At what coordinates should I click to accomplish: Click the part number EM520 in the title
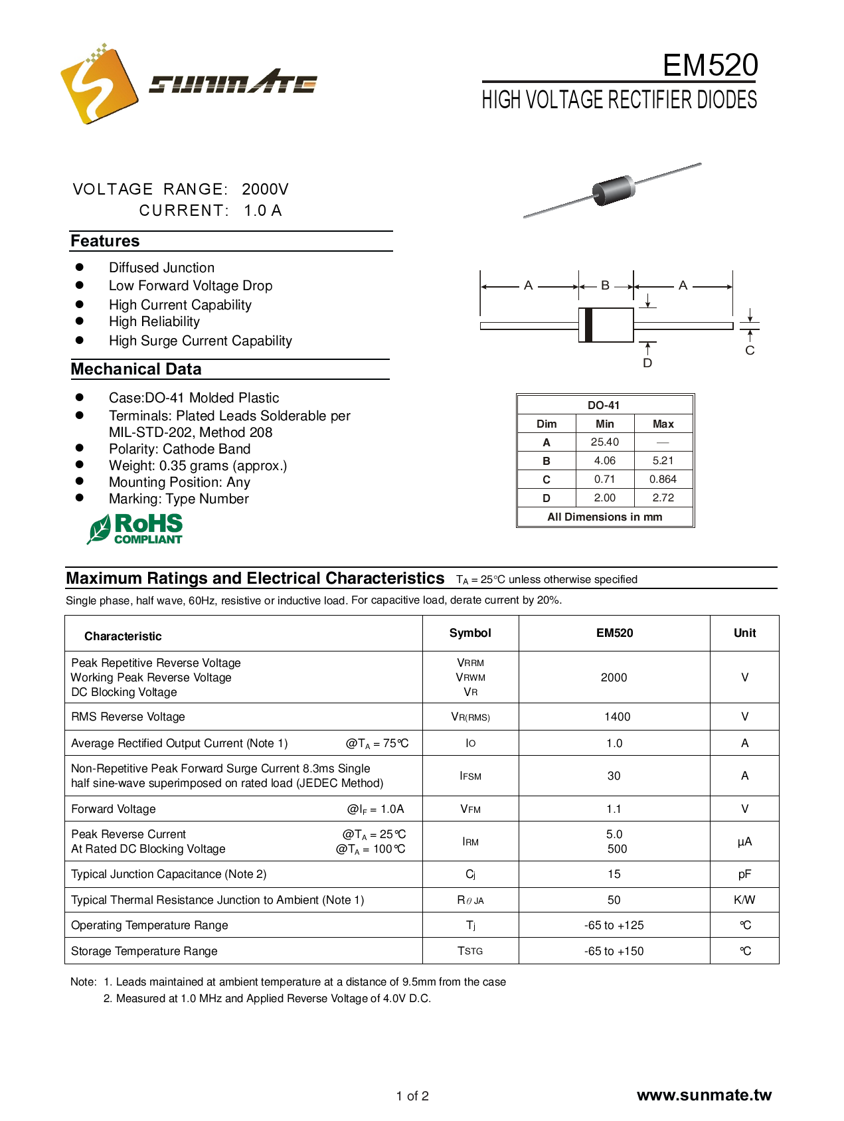pyautogui.click(x=710, y=65)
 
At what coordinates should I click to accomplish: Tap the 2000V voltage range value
pyautogui.click(x=265, y=189)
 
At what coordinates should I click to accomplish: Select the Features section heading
pyautogui.click(x=105, y=241)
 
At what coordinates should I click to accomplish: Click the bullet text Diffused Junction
pyautogui.click(x=161, y=268)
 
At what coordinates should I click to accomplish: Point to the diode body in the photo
pyautogui.click(x=614, y=190)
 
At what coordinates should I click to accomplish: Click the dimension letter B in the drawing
pyautogui.click(x=605, y=286)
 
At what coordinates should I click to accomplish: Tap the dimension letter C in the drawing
pyautogui.click(x=750, y=351)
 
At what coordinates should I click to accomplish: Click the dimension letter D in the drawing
pyautogui.click(x=647, y=363)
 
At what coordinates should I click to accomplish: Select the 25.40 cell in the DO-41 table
pyautogui.click(x=604, y=442)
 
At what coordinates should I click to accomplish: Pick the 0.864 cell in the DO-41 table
pyautogui.click(x=663, y=479)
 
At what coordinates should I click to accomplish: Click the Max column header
pyautogui.click(x=663, y=424)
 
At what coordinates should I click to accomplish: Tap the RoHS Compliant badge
pyautogui.click(x=135, y=529)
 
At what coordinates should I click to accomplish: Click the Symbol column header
pyautogui.click(x=470, y=633)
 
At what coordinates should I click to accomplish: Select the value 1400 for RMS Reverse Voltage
pyautogui.click(x=617, y=717)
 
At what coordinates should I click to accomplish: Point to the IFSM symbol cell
pyautogui.click(x=470, y=776)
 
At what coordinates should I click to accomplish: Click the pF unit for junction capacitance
pyautogui.click(x=744, y=874)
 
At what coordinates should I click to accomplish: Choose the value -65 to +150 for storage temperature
pyautogui.click(x=614, y=951)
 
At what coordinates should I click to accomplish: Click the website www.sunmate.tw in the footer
pyautogui.click(x=704, y=1095)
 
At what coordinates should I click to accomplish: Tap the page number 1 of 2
pyautogui.click(x=412, y=1096)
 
